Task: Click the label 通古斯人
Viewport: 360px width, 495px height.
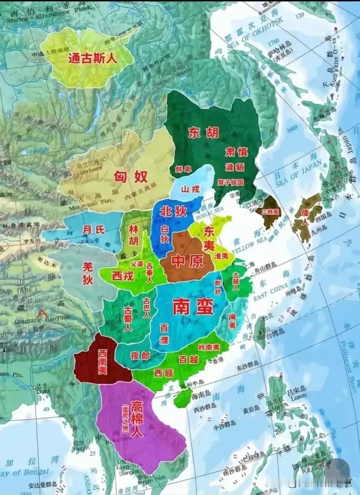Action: pos(93,58)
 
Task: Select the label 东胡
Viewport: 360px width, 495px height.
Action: pos(203,133)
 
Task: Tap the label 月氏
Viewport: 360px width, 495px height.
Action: pos(93,230)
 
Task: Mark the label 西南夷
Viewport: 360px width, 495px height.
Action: pos(102,361)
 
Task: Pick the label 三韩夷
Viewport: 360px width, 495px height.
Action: pos(271,212)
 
